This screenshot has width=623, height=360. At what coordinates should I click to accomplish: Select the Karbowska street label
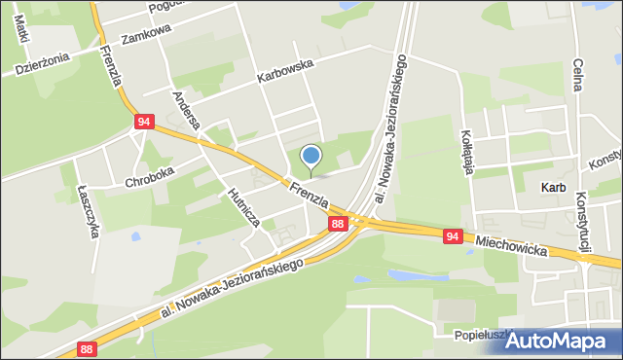pyautogui.click(x=284, y=69)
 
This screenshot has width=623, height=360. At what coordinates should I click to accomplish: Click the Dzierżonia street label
pyautogui.click(x=42, y=63)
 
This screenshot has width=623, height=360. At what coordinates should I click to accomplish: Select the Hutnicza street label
pyautogui.click(x=242, y=206)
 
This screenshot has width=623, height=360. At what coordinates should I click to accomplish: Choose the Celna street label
pyautogui.click(x=577, y=74)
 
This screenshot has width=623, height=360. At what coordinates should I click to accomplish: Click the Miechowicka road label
pyautogui.click(x=510, y=244)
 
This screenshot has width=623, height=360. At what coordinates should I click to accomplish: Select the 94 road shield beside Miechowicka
pyautogui.click(x=452, y=236)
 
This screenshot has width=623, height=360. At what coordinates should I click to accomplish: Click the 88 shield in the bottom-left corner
pyautogui.click(x=87, y=348)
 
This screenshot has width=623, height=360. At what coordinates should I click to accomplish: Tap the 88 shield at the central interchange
pyautogui.click(x=337, y=225)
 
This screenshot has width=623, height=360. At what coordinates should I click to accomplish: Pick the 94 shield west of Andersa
pyautogui.click(x=144, y=122)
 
